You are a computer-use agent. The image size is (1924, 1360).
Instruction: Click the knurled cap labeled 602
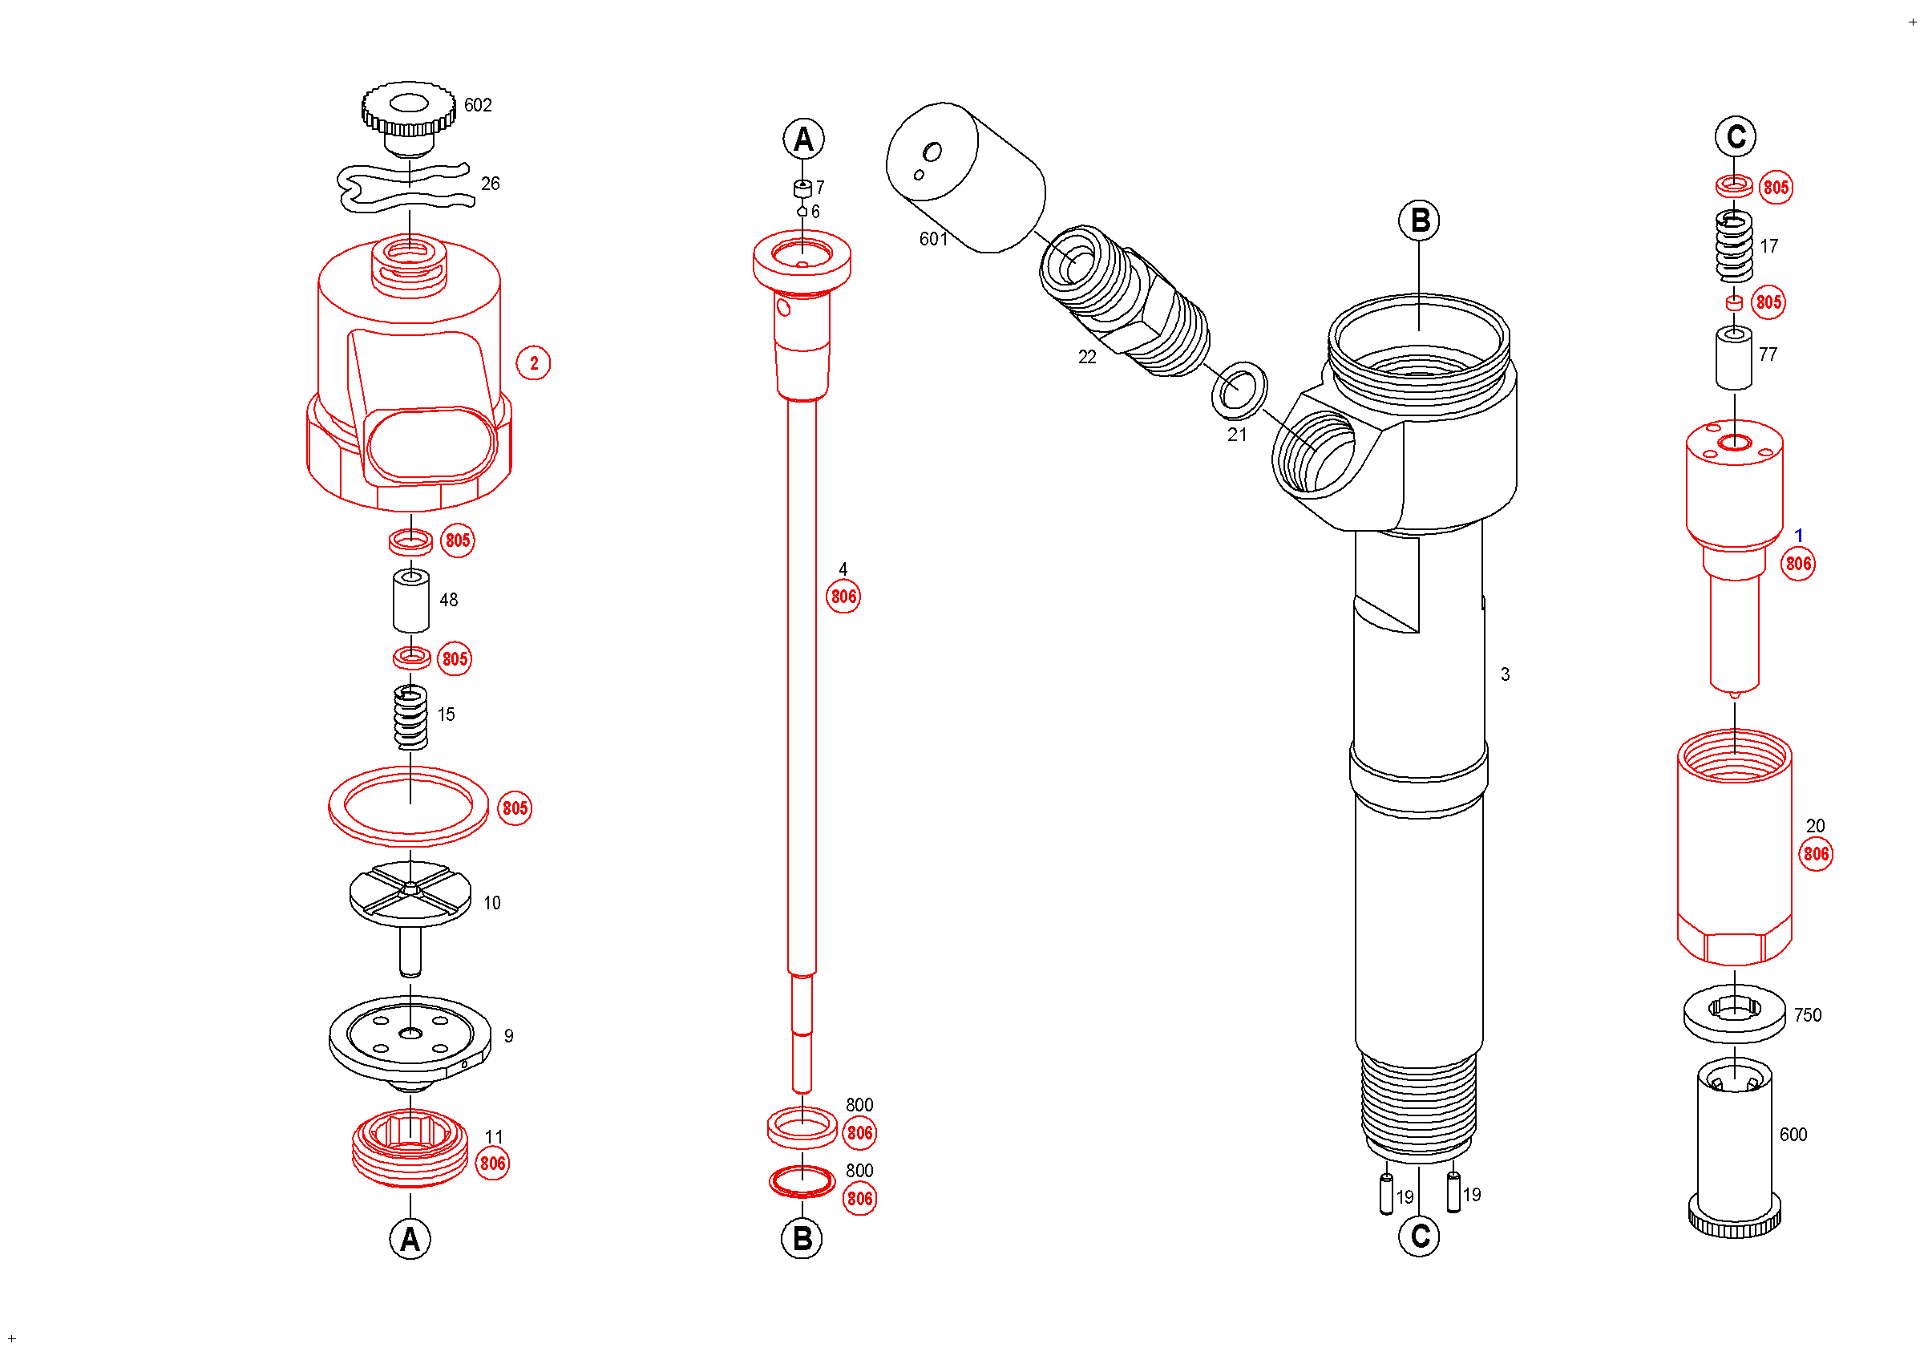[x=409, y=113]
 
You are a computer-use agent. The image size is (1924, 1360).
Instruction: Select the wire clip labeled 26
[x=406, y=188]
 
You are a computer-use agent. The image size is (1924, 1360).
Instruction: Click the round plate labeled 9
[x=410, y=1039]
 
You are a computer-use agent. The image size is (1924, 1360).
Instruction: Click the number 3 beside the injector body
[x=1505, y=674]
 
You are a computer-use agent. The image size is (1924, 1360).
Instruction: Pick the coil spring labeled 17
[x=1734, y=245]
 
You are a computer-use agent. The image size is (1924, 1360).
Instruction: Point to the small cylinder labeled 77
[x=1734, y=358]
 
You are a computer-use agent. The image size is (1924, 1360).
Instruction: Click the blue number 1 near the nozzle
[x=1798, y=536]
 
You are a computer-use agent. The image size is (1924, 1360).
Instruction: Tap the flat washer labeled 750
[x=1734, y=1014]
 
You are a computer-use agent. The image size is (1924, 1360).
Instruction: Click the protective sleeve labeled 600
[x=1734, y=1148]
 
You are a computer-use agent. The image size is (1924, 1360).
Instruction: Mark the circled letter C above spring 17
[x=1736, y=136]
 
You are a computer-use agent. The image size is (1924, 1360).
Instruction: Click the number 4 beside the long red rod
[x=843, y=570]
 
